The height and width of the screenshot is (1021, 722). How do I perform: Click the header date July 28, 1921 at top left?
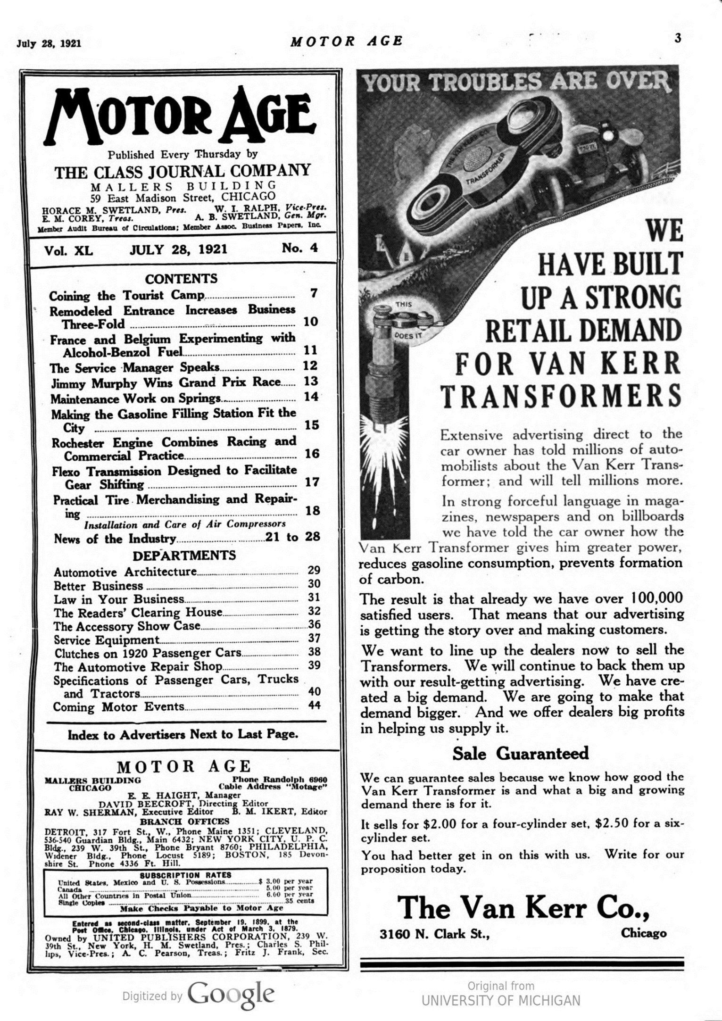pyautogui.click(x=49, y=43)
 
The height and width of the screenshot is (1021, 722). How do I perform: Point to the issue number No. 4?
pyautogui.click(x=300, y=248)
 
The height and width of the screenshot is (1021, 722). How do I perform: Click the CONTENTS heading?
pyautogui.click(x=182, y=278)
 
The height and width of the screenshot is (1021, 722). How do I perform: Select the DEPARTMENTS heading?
pyautogui.click(x=184, y=555)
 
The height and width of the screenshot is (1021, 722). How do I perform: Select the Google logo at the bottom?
pyautogui.click(x=231, y=995)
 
